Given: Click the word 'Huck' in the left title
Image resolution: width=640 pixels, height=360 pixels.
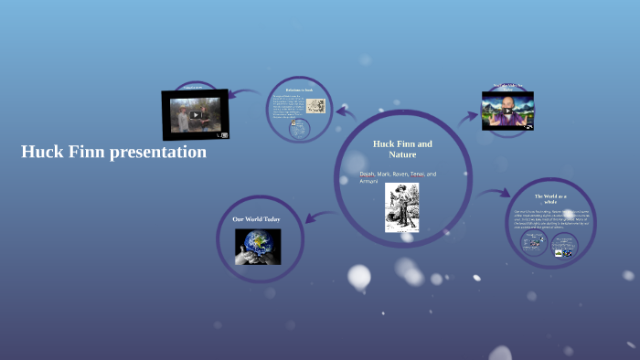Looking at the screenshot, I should coord(39,153).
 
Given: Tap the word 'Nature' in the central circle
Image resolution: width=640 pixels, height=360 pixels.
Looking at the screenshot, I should coord(402,154).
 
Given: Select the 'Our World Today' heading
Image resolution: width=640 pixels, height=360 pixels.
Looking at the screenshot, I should coord(256,219).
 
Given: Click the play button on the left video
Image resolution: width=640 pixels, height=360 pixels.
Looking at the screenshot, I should coord(196,115).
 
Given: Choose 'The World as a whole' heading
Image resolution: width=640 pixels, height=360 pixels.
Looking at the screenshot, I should coord(550,200).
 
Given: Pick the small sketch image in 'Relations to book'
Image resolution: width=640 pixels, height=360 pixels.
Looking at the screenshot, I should coord(315,105).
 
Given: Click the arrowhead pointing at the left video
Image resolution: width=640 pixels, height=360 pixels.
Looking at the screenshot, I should coord(234,92).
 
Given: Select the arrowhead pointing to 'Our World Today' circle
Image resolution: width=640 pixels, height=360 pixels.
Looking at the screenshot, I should coord(309,218).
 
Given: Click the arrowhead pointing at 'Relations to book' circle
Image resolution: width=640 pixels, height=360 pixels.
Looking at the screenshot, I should coord(340,111).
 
